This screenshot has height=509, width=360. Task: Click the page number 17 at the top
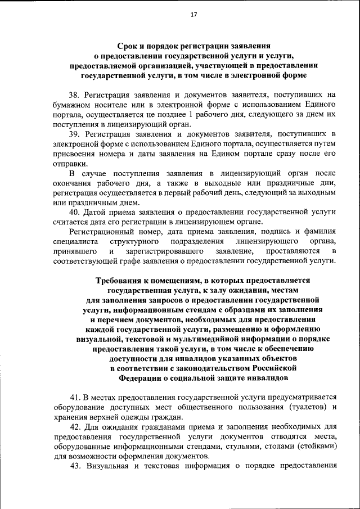point(193,15)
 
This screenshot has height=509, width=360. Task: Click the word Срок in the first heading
point(129,47)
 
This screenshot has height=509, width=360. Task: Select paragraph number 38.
point(75,95)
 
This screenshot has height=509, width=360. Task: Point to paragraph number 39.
point(75,133)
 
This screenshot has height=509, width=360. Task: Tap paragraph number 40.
point(75,212)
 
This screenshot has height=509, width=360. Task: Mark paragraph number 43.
point(76,466)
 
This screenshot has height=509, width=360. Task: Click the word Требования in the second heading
point(119,280)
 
